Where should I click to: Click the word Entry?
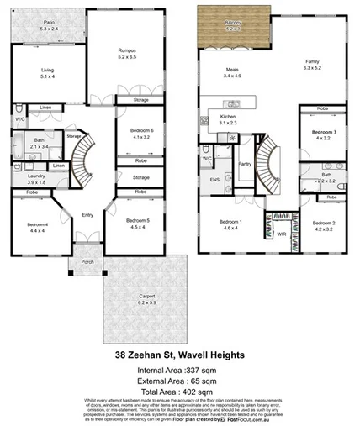click(x=87, y=215)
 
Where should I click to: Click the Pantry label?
click(x=246, y=165)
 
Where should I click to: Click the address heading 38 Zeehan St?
click(x=179, y=355)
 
